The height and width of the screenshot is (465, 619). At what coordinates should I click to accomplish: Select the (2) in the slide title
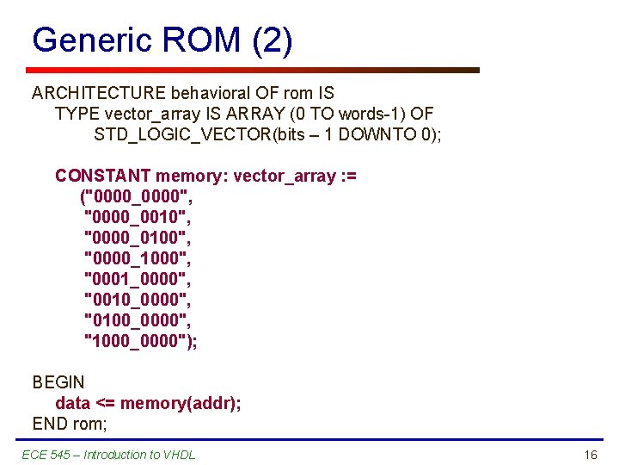pos(273,40)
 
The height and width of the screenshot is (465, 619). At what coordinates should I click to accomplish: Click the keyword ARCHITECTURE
pos(99,93)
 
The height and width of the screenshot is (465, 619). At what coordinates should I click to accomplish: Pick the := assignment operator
pos(348,176)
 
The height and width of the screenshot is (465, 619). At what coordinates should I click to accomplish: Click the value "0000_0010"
pos(136,217)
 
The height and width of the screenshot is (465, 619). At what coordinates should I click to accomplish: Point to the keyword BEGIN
pos(58,382)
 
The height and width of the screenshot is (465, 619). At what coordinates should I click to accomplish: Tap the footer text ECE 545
pos(52,455)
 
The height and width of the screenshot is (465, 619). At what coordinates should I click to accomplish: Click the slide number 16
pos(590,455)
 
